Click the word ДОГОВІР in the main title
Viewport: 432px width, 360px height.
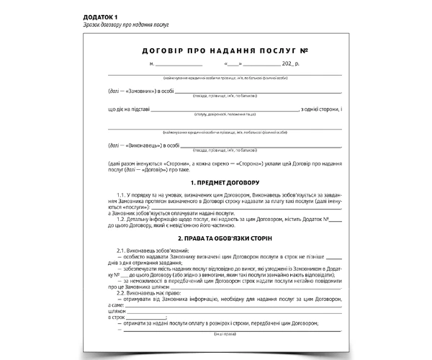[x=159, y=53]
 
